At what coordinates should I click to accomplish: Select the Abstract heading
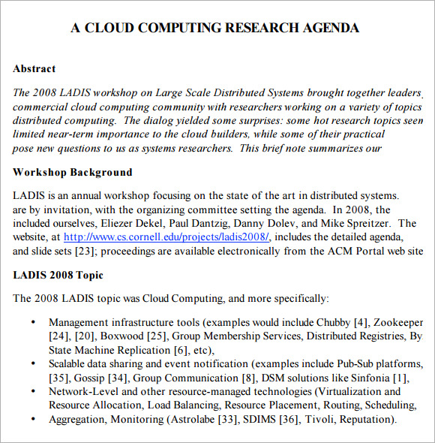[x=34, y=68]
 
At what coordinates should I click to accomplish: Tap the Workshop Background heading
[x=72, y=172]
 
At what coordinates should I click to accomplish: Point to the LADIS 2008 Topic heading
[x=58, y=275]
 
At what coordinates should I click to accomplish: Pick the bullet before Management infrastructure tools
[x=32, y=322]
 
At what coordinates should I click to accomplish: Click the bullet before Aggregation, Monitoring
[x=32, y=419]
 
